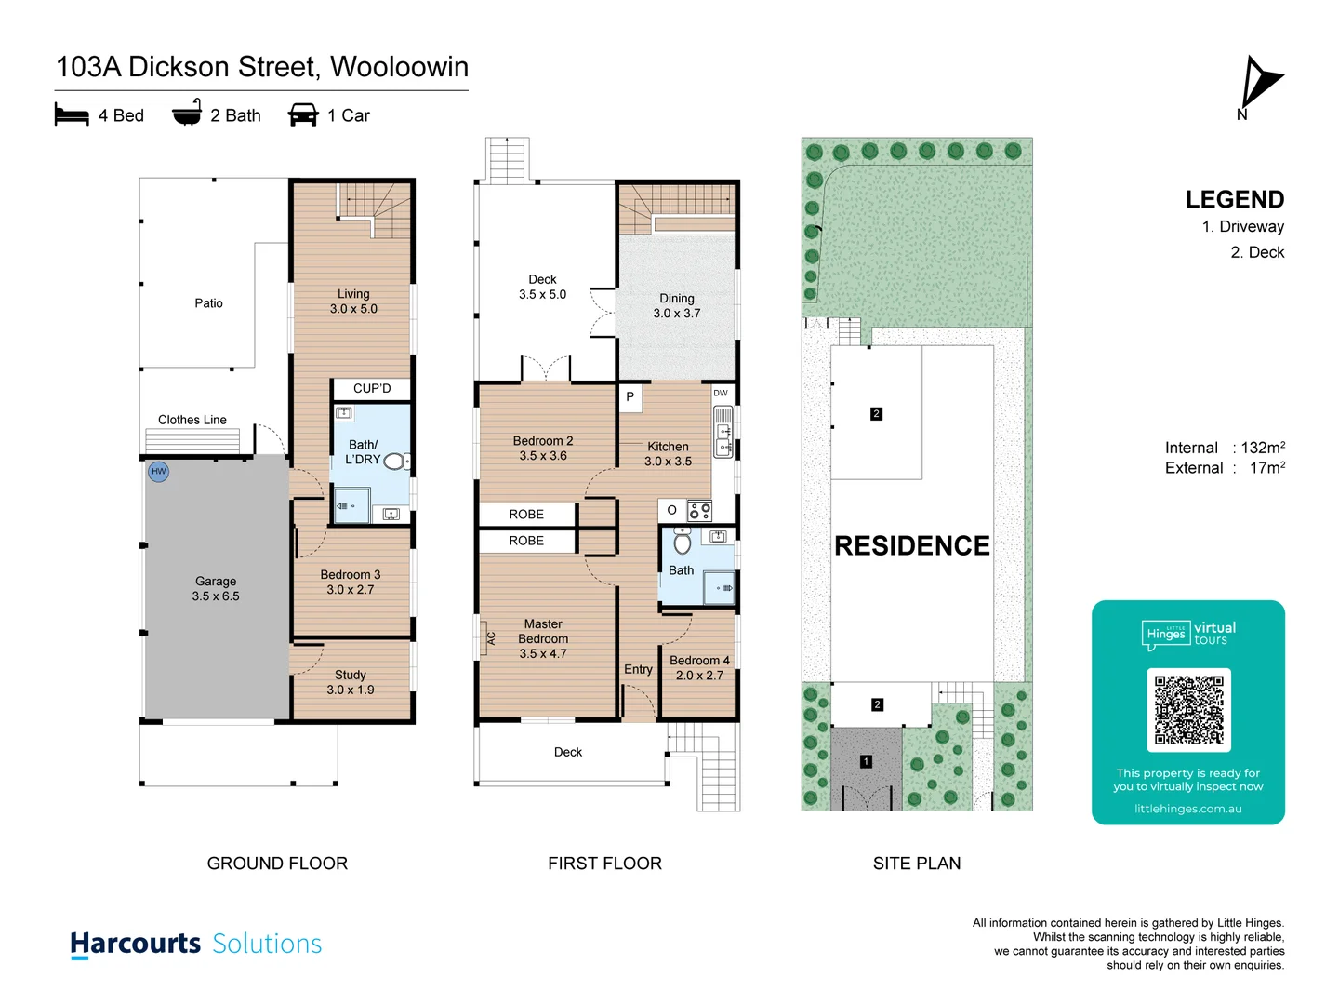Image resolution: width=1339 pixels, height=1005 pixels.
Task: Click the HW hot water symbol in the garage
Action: pos(159,472)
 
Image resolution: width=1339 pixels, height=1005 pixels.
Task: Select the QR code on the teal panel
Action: pos(1188,710)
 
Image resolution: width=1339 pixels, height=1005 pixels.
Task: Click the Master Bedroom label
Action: pos(543,638)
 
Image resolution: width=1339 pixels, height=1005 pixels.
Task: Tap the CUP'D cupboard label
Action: pos(372,388)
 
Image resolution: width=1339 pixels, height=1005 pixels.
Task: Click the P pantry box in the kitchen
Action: pos(630,396)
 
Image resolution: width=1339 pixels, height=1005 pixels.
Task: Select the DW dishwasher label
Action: pos(721,393)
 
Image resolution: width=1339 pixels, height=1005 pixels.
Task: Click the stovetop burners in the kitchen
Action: pos(699,510)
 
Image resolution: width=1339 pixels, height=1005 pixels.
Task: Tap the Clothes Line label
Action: pos(192,420)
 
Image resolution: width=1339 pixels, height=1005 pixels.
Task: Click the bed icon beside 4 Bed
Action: pos(72,114)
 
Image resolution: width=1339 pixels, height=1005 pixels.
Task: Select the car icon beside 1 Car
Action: pos(303,114)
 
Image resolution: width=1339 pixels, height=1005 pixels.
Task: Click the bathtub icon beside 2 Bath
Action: pos(187,113)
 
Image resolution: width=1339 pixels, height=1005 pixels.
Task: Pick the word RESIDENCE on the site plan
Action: pos(911,545)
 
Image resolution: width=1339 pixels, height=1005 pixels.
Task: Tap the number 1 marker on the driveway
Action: pos(866,761)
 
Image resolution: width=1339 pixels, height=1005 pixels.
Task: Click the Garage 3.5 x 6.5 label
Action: pos(216,588)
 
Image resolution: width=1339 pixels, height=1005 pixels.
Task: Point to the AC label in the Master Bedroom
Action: pos(491,638)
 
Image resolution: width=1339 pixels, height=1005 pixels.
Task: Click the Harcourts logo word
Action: pos(136,943)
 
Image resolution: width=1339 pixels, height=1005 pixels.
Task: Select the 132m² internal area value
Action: pos(1263,448)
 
